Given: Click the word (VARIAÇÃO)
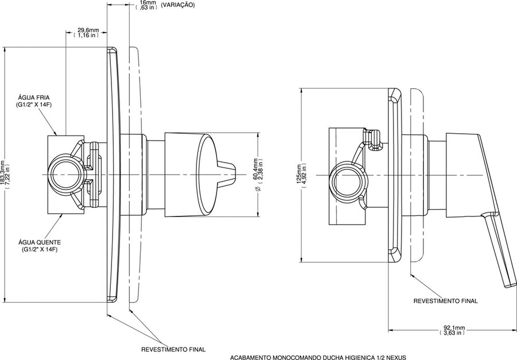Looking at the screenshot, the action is pyautogui.click(x=178, y=5).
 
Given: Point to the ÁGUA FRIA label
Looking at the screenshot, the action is pyautogui.click(x=34, y=98).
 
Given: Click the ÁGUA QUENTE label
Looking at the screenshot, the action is pyautogui.click(x=40, y=242).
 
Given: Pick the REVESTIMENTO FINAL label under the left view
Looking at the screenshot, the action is pyautogui.click(x=173, y=350).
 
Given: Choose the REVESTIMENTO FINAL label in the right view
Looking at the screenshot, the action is pyautogui.click(x=445, y=301).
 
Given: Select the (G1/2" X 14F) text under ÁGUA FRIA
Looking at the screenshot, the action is pyautogui.click(x=34, y=105).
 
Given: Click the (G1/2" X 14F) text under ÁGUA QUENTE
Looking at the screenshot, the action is pyautogui.click(x=40, y=250).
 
